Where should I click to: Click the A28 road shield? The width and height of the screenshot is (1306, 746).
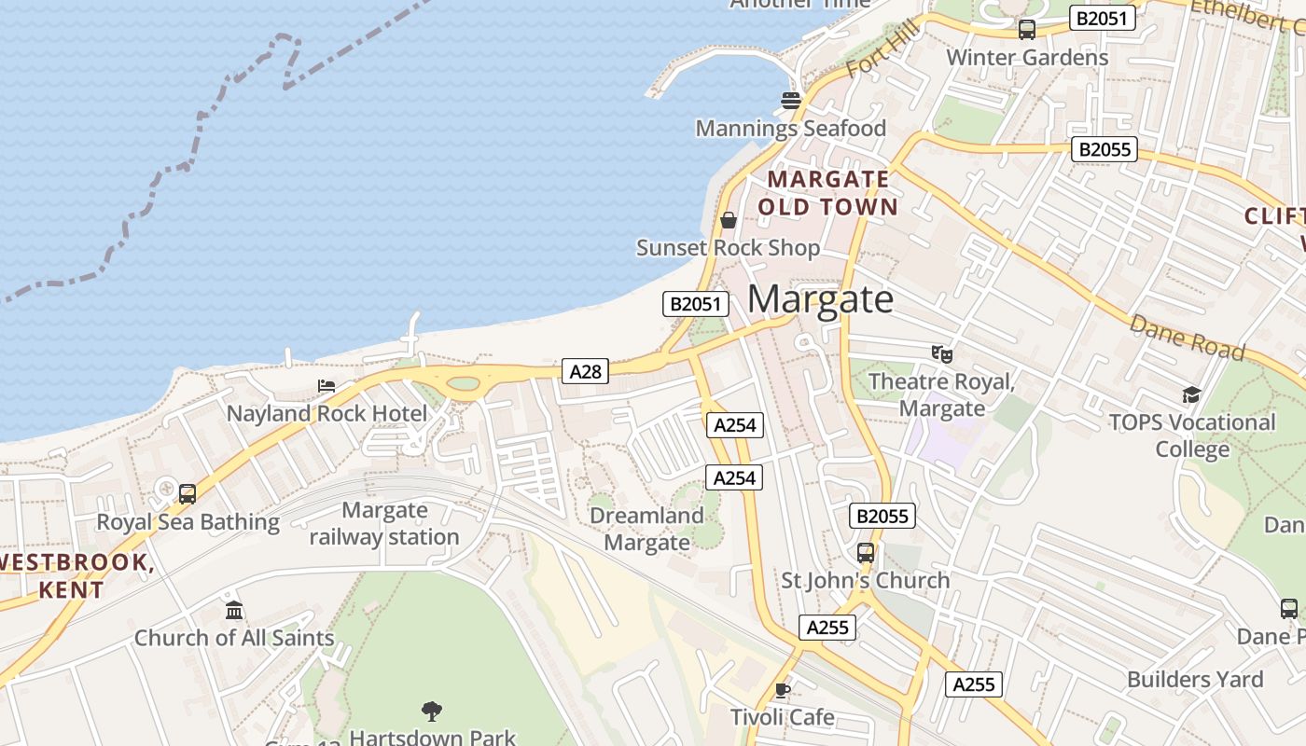(x=586, y=372)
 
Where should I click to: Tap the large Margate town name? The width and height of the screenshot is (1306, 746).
(x=821, y=299)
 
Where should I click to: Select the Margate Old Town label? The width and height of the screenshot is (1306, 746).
(x=828, y=193)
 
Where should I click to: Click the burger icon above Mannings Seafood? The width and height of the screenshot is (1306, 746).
(x=791, y=100)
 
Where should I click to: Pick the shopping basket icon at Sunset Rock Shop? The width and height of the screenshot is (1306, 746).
(x=729, y=220)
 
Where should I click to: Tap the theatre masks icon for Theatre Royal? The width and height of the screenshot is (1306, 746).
(x=942, y=353)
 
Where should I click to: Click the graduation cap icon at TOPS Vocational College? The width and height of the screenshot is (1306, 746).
(x=1191, y=394)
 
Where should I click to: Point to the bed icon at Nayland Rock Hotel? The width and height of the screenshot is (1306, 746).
(x=326, y=385)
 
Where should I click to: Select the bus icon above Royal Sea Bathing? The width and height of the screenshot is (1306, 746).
(x=188, y=493)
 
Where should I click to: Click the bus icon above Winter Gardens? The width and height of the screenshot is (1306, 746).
(x=1027, y=29)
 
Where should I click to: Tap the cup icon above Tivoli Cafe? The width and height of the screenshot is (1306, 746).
(x=782, y=690)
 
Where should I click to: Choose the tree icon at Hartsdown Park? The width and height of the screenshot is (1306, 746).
(x=431, y=711)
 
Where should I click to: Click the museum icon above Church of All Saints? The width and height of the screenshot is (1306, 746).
(x=234, y=610)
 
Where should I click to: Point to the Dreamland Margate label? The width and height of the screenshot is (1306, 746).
(x=646, y=529)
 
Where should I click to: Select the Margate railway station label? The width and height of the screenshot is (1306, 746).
(x=384, y=523)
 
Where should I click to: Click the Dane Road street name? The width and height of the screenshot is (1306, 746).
(x=1187, y=338)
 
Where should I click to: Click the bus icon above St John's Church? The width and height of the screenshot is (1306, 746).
(x=866, y=553)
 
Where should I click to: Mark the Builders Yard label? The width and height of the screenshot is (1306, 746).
(x=1195, y=679)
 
